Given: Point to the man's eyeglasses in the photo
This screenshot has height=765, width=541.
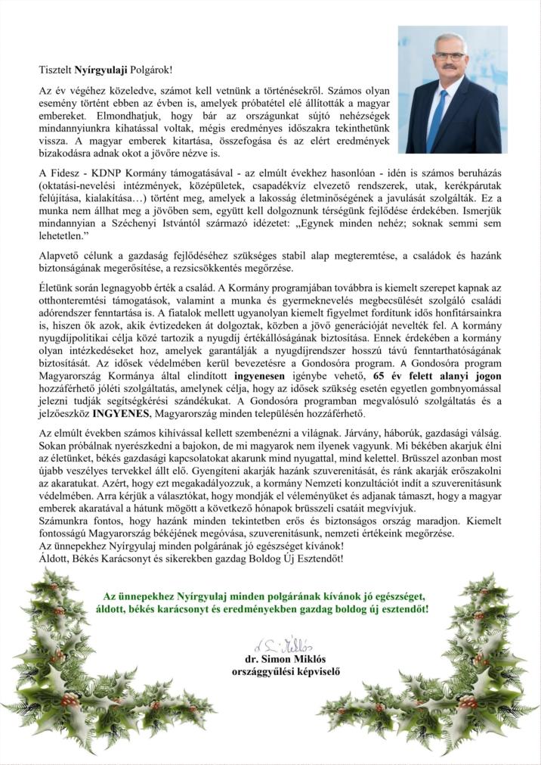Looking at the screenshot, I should (450, 56).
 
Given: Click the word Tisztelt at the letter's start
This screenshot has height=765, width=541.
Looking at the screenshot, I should (54, 70).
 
